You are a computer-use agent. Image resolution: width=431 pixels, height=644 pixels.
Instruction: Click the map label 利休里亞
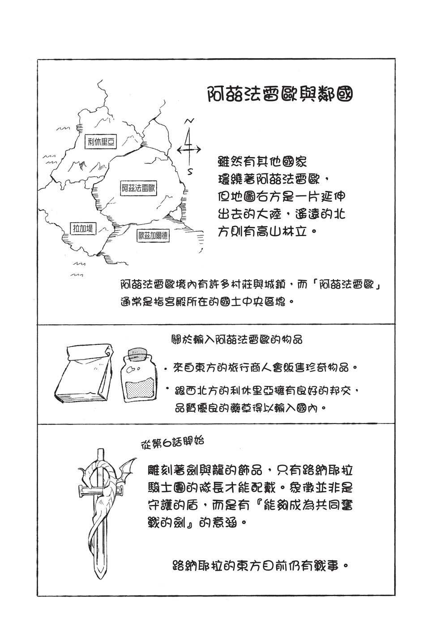[x=101, y=141]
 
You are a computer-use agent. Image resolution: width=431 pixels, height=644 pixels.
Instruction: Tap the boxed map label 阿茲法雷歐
[x=138, y=189]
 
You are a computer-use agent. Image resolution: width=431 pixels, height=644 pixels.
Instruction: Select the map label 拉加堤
[x=83, y=229]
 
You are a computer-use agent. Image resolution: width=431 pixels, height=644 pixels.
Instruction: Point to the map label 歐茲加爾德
[x=153, y=236]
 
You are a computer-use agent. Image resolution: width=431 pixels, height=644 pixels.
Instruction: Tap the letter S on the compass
[x=190, y=172]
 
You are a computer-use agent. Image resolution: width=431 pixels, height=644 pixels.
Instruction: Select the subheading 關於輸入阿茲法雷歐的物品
[x=237, y=339]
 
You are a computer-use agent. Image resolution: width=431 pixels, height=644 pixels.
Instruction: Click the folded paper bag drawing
[x=83, y=374]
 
